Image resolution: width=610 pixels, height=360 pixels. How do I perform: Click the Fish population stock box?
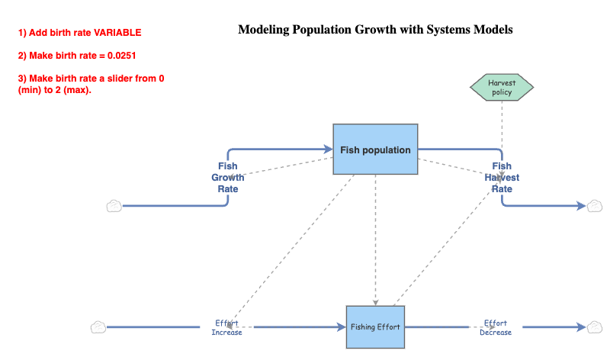375,149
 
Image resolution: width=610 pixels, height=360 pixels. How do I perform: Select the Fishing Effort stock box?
375,327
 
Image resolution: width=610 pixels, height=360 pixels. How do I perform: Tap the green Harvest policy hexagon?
501,87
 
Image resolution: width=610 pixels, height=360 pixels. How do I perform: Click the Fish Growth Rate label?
227,178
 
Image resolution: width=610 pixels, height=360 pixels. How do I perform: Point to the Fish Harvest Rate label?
502,178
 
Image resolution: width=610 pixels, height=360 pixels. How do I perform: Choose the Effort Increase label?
226,327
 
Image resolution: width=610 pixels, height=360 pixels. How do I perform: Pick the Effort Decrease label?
496,327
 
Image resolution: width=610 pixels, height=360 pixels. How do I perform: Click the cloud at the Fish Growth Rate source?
114,205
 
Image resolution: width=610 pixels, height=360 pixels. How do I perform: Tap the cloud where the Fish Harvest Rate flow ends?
595,205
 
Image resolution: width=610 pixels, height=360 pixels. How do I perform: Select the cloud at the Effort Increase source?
98,327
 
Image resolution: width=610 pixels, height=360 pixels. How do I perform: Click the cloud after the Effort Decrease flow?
595,327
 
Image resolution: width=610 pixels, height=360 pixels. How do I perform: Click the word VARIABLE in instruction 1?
117,34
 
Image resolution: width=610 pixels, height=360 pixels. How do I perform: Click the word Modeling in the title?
265,30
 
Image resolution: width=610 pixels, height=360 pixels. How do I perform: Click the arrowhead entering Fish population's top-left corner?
328,149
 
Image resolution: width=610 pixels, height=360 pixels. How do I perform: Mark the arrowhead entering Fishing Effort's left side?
341,327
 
